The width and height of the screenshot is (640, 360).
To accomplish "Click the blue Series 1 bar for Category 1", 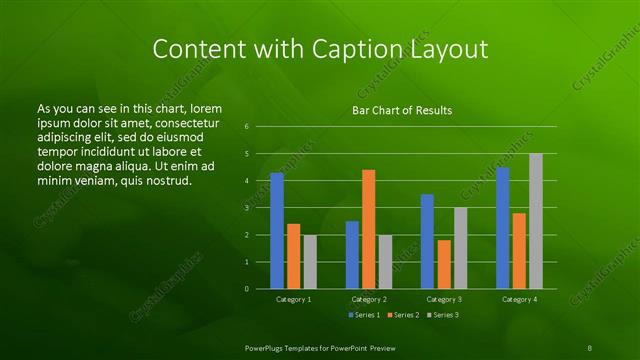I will [x=277, y=231].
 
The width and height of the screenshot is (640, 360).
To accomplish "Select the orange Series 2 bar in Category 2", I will [x=369, y=229].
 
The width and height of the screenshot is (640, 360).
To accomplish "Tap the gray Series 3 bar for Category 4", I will [x=536, y=221].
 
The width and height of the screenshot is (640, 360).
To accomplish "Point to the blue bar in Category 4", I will [x=503, y=228].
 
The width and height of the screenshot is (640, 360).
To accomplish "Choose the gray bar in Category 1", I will [x=310, y=262].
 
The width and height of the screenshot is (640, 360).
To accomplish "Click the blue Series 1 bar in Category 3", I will [x=427, y=241].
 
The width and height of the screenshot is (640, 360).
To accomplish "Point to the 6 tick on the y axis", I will [x=246, y=127].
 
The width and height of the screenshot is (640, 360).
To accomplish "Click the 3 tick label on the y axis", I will [x=246, y=208].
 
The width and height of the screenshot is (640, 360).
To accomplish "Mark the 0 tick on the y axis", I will [x=246, y=289].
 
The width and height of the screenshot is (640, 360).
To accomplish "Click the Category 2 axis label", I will [x=369, y=299].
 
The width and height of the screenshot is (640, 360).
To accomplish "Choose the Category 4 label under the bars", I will [x=519, y=299].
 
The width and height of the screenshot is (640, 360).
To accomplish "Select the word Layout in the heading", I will [x=451, y=49].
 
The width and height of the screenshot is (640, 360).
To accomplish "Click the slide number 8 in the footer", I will [x=589, y=346].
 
